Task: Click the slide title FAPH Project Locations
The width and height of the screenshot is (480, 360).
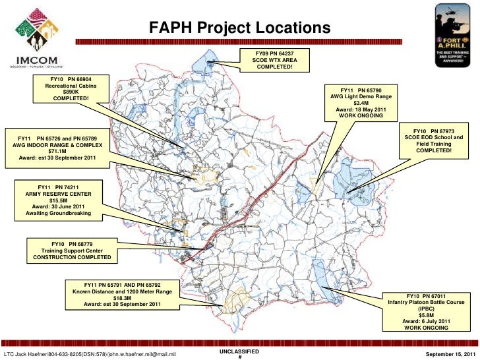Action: click(238, 28)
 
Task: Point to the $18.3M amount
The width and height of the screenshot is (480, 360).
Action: click(122, 297)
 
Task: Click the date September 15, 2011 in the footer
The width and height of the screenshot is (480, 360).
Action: click(446, 355)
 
